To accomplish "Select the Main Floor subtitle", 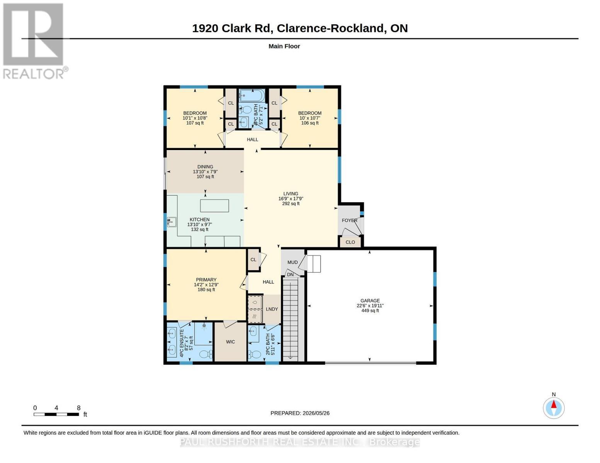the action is click(284, 46).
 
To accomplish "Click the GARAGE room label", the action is click(370, 301).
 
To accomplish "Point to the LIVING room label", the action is click(291, 194).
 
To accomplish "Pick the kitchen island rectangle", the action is click(214, 205).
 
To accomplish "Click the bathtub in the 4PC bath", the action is click(252, 95).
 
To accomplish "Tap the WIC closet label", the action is click(230, 342).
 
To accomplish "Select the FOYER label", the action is click(349, 220).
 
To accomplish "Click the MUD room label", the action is click(292, 262).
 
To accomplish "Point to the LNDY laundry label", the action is click(272, 309).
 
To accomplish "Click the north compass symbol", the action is click(554, 408).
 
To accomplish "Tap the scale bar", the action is click(56, 414).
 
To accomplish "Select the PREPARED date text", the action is click(300, 413).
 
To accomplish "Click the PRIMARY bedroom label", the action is click(206, 280).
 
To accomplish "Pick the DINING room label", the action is click(205, 167).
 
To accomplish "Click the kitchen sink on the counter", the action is click(172, 222).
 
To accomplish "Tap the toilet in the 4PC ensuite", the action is click(206, 354).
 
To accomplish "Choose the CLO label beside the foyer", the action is click(350, 242).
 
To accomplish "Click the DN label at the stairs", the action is click(290, 275).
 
